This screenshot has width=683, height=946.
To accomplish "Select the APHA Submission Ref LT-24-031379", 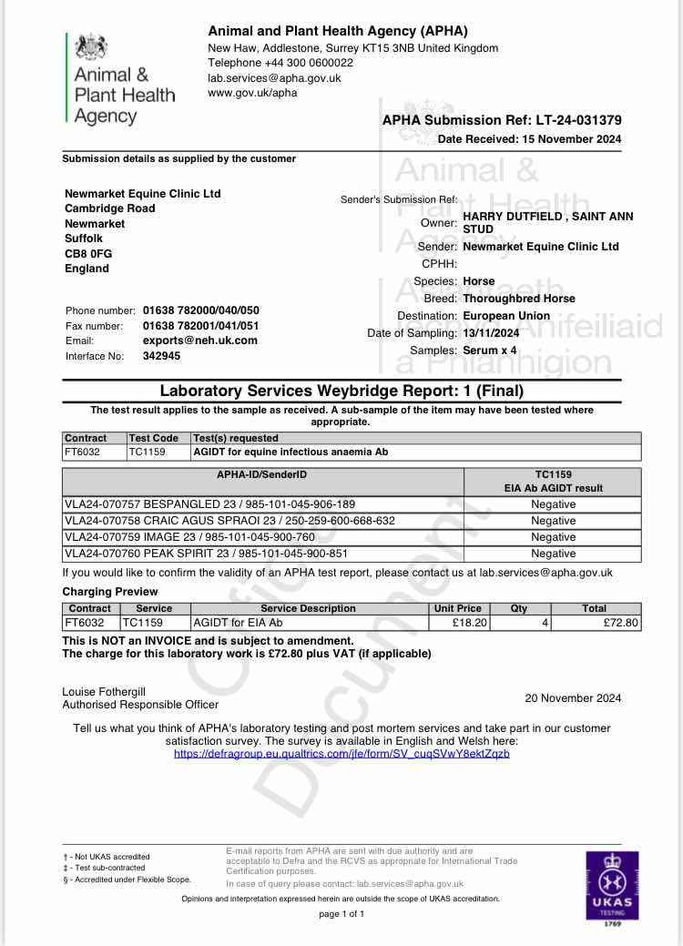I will (502, 120).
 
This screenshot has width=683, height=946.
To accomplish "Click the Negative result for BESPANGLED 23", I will (554, 504).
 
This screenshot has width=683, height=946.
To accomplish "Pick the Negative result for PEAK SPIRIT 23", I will (554, 554).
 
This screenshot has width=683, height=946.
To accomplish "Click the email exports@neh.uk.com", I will (200, 341).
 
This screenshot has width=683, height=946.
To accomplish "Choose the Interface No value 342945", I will (162, 356).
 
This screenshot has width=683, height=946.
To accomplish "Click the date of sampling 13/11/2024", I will (499, 332).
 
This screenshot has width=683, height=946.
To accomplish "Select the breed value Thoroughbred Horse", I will (519, 299).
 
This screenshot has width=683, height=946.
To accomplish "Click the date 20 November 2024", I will (573, 698).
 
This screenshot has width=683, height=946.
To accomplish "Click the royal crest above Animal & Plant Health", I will (90, 46).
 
